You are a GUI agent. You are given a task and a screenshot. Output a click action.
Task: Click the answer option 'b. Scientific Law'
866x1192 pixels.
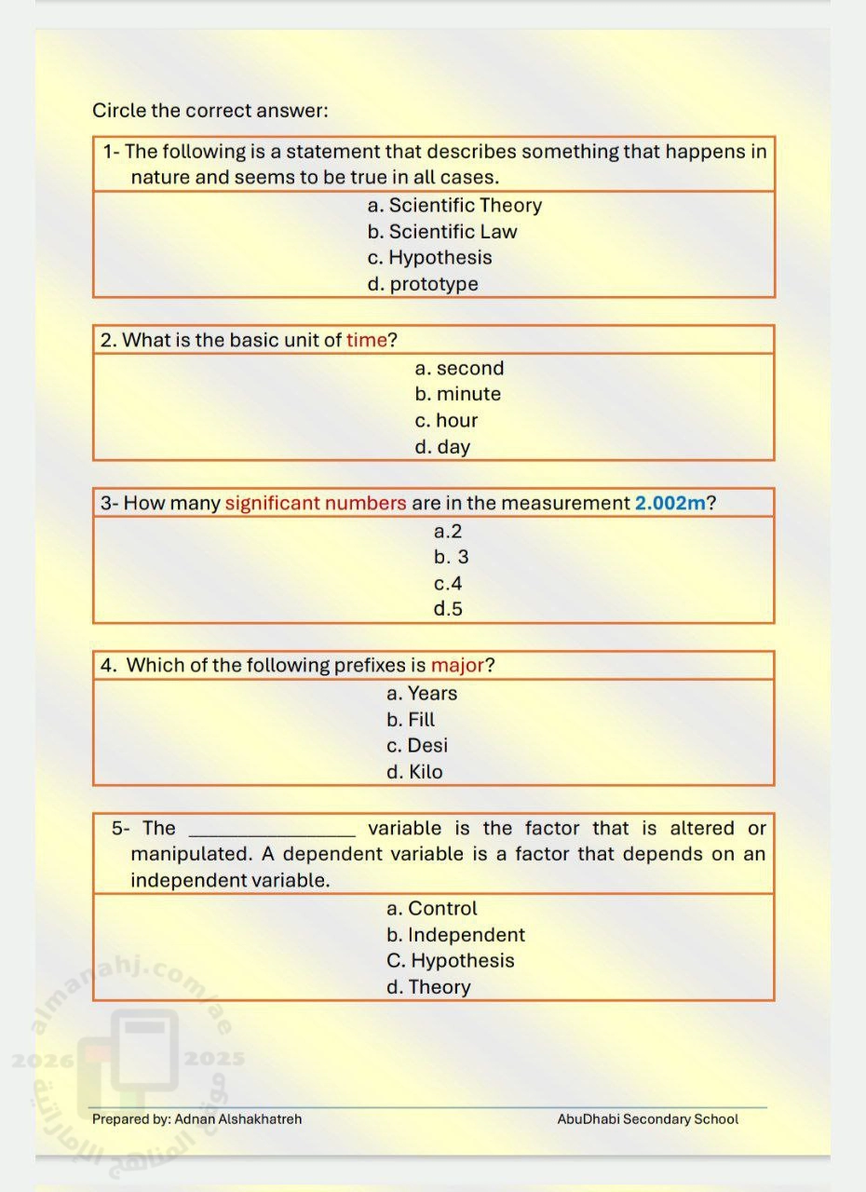[x=442, y=232]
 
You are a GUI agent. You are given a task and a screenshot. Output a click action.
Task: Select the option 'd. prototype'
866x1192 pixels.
[x=423, y=284]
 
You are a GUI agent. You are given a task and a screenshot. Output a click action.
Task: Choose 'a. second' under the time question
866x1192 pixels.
[x=459, y=368]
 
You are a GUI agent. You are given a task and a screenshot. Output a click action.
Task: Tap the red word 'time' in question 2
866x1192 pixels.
[x=366, y=340]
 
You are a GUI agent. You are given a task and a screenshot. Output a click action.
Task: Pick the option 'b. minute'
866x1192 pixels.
[x=458, y=394]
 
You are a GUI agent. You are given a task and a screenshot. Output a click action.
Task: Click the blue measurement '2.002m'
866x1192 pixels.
[x=670, y=503]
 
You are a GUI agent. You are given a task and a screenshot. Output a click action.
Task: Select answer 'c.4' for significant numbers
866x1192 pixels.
[x=448, y=584]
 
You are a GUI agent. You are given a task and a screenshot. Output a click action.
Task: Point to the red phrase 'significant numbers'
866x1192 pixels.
[x=316, y=503]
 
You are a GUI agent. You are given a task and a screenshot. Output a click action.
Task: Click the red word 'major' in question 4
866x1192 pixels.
[x=457, y=665]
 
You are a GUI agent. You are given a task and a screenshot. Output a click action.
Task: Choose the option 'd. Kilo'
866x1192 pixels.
[x=414, y=772]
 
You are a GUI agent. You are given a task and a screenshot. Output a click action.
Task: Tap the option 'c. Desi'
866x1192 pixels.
[x=416, y=746]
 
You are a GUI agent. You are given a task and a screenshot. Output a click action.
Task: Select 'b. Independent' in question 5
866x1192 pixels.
[x=455, y=935]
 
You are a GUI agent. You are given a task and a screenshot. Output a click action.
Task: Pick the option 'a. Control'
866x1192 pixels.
[x=431, y=909]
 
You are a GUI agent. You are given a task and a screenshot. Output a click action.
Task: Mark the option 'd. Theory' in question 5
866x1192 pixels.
[x=428, y=987]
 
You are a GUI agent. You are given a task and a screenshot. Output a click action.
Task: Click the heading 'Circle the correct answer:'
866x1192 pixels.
[x=210, y=111]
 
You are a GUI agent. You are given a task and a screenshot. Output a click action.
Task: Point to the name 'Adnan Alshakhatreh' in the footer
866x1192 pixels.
[x=238, y=1119]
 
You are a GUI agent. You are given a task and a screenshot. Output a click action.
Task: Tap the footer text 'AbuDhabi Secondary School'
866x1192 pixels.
[x=647, y=1119]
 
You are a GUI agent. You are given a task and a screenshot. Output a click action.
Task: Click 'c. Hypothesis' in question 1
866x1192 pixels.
[x=429, y=258]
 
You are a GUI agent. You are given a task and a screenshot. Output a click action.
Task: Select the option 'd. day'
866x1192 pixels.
[x=442, y=447]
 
